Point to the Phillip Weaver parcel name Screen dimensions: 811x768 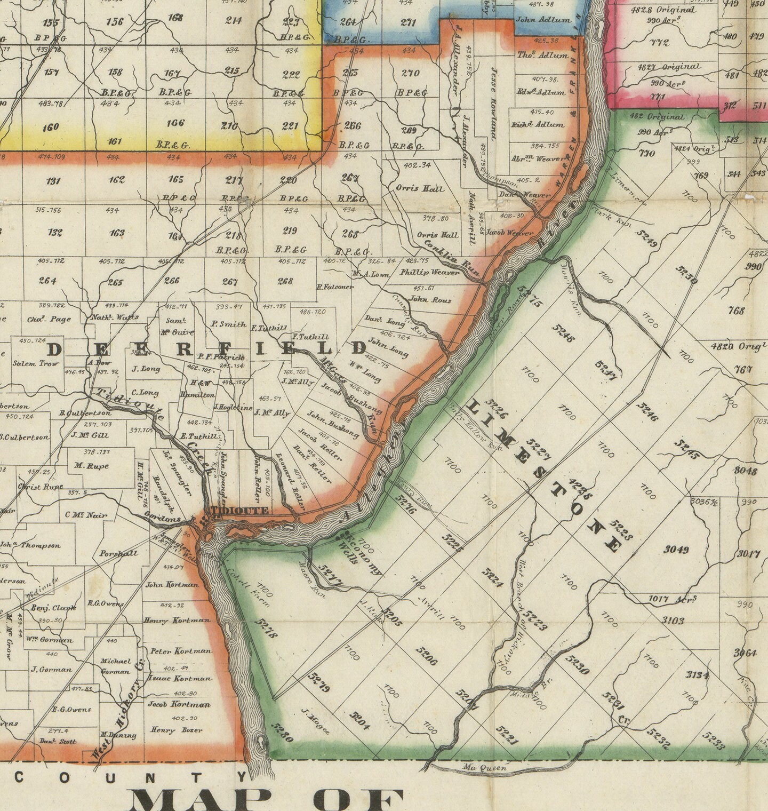[429, 273]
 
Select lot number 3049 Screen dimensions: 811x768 [676, 550]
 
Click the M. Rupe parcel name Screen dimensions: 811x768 [91, 466]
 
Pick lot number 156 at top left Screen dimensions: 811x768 [115, 22]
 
